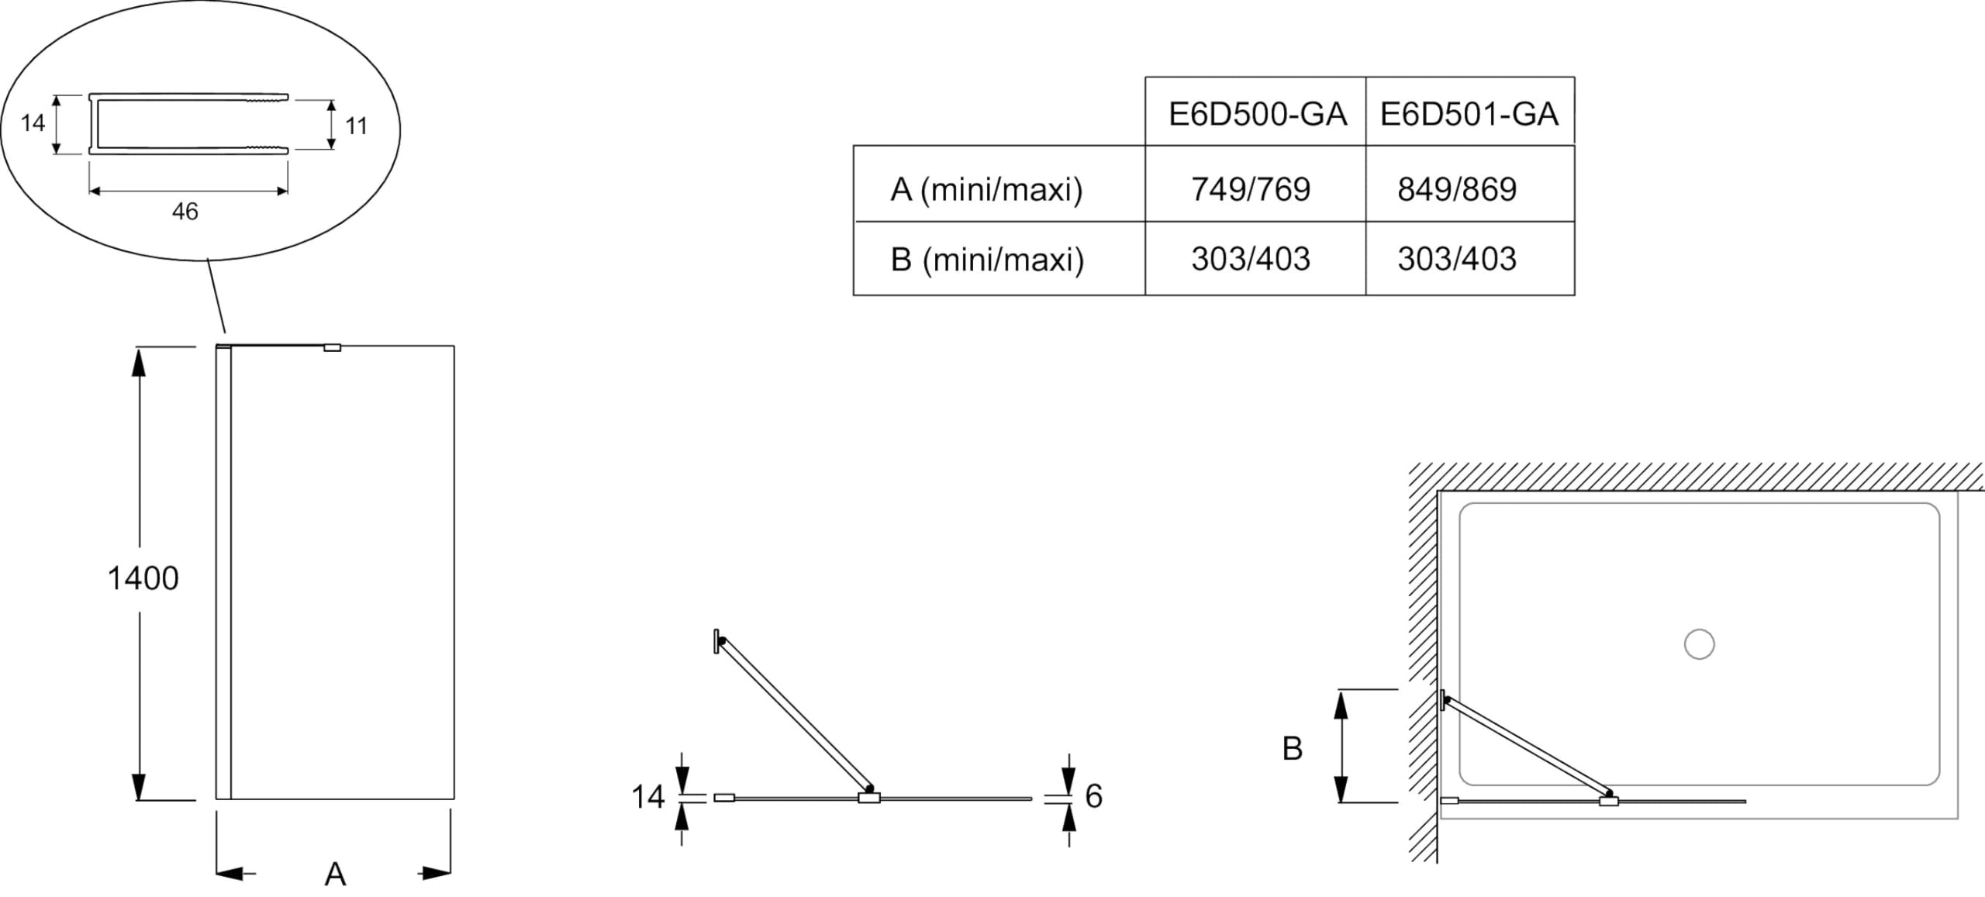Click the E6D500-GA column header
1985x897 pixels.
(1257, 115)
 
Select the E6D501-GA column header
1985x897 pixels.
(1469, 115)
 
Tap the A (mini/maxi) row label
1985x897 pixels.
(986, 190)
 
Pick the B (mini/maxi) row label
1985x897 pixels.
(987, 260)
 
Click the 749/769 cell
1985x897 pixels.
(1251, 189)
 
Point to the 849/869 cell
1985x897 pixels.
(1457, 189)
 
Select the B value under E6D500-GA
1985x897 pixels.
(1251, 259)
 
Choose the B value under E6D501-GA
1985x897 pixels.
(1457, 259)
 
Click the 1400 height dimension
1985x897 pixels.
(143, 578)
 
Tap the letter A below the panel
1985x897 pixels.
(335, 875)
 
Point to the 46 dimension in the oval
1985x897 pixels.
(185, 212)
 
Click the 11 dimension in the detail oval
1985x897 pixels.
(356, 126)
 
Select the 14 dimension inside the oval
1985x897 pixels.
(33, 123)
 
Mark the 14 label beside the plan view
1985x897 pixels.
(648, 797)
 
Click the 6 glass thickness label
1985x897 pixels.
(1094, 796)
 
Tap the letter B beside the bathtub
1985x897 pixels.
(1293, 749)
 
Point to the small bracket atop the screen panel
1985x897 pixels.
(333, 348)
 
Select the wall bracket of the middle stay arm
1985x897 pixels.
(716, 641)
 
